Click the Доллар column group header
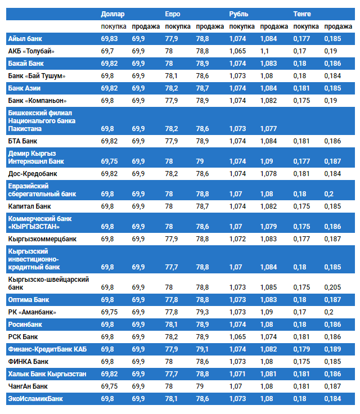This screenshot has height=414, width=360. click(x=112, y=13)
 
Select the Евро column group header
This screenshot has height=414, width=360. click(x=173, y=13)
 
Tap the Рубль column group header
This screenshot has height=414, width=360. click(x=238, y=13)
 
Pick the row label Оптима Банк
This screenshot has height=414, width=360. click(x=29, y=300)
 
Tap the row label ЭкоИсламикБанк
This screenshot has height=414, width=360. click(x=35, y=399)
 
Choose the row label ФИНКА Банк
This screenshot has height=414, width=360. click(x=28, y=362)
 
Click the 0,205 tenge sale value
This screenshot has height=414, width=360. click(x=332, y=287)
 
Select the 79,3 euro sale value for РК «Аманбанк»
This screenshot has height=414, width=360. click(x=202, y=312)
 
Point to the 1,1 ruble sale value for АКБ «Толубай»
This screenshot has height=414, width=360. click(x=264, y=51)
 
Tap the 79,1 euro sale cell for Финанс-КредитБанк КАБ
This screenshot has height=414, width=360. click(x=202, y=349)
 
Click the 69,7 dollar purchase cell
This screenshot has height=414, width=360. click(x=107, y=51)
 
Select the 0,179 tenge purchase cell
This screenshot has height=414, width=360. click(x=301, y=349)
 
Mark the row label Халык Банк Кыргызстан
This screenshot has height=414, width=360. click(x=47, y=374)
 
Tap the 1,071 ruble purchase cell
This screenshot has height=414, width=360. click(x=238, y=374)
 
